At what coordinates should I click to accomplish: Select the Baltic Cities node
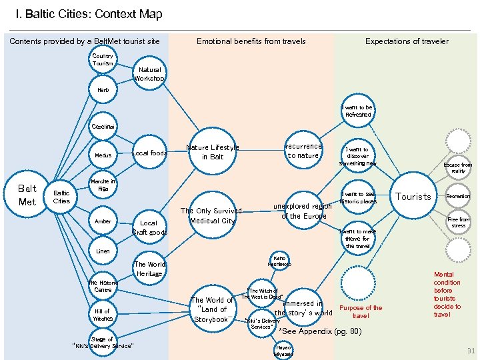click(61, 197)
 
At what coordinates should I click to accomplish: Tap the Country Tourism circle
click(103, 60)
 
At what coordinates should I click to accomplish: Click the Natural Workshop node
click(149, 73)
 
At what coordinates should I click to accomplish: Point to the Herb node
click(103, 89)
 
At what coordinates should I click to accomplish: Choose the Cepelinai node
click(103, 125)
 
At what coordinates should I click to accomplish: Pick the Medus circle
click(103, 155)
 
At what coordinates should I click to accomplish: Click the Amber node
click(103, 221)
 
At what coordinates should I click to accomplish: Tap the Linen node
click(103, 251)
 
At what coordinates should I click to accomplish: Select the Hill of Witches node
click(103, 315)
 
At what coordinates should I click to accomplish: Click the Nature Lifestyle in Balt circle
click(212, 153)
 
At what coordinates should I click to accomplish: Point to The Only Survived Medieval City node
click(212, 216)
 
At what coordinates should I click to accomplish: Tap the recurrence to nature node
click(303, 151)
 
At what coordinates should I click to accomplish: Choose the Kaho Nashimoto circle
click(279, 261)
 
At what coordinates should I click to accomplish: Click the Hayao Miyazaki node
click(283, 351)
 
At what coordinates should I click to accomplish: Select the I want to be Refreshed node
click(357, 111)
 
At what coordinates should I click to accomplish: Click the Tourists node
click(413, 197)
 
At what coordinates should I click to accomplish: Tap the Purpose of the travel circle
click(361, 311)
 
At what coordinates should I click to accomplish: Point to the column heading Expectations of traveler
click(407, 41)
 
